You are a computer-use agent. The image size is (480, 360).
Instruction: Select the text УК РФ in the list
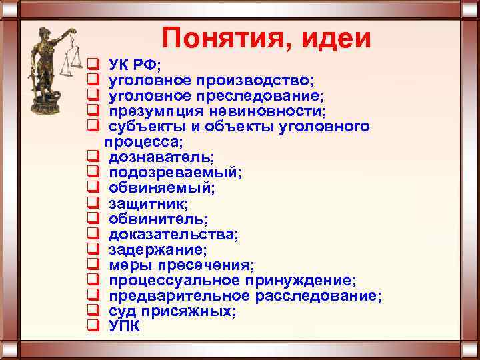pyautogui.click(x=133, y=65)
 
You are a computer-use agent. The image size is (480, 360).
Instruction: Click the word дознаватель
pyautogui.click(x=161, y=157)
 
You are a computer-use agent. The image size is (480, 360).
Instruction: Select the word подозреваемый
pyautogui.click(x=175, y=173)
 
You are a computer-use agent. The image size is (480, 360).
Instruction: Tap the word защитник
pyautogui.click(x=148, y=203)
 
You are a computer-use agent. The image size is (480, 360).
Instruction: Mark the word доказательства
pyautogui.click(x=173, y=234)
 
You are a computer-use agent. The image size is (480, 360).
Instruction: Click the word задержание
pyautogui.click(x=157, y=249)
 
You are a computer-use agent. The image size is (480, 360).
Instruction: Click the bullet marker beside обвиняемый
pyautogui.click(x=93, y=188)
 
